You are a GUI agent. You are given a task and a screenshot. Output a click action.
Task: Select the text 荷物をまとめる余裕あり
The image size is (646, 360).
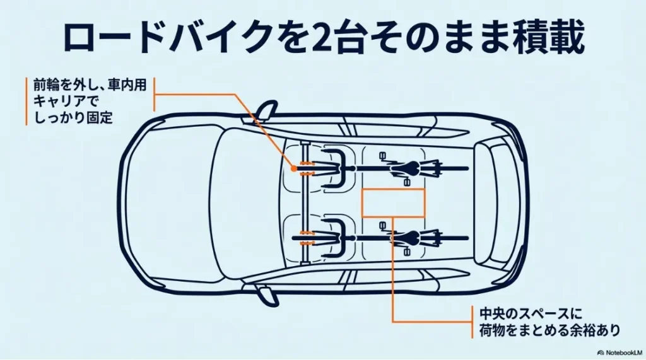pyautogui.click(x=547, y=330)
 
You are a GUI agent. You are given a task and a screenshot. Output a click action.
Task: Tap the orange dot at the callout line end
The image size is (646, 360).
pyautogui.click(x=293, y=169)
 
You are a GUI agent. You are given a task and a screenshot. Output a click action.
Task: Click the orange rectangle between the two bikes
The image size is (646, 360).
pyautogui.click(x=393, y=202)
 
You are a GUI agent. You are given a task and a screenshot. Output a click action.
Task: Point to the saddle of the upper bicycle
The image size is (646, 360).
pyautogui.click(x=411, y=169)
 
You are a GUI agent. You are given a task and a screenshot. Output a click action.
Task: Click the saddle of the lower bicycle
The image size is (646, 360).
pyautogui.click(x=411, y=238)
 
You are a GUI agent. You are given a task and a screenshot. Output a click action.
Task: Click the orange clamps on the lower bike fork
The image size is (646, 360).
pyautogui.click(x=307, y=238)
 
